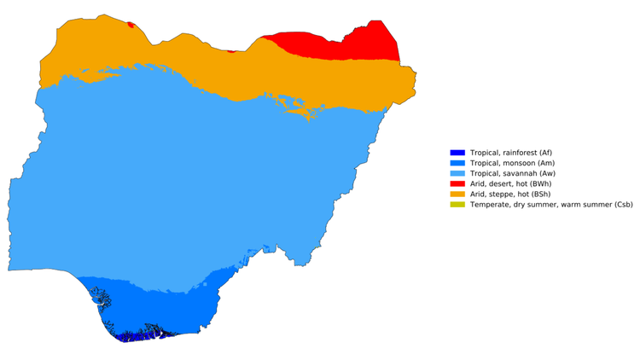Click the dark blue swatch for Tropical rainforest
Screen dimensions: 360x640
click(457, 153)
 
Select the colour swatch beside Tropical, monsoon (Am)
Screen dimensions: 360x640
click(457, 163)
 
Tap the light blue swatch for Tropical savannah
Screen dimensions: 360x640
click(457, 173)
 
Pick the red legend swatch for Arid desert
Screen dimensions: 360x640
click(457, 183)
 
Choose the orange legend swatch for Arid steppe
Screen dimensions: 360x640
click(457, 194)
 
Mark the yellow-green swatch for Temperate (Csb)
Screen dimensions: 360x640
click(457, 204)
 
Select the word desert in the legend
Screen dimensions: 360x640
click(504, 183)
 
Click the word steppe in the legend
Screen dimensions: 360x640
click(505, 194)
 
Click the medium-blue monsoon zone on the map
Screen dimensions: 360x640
click(162, 303)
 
